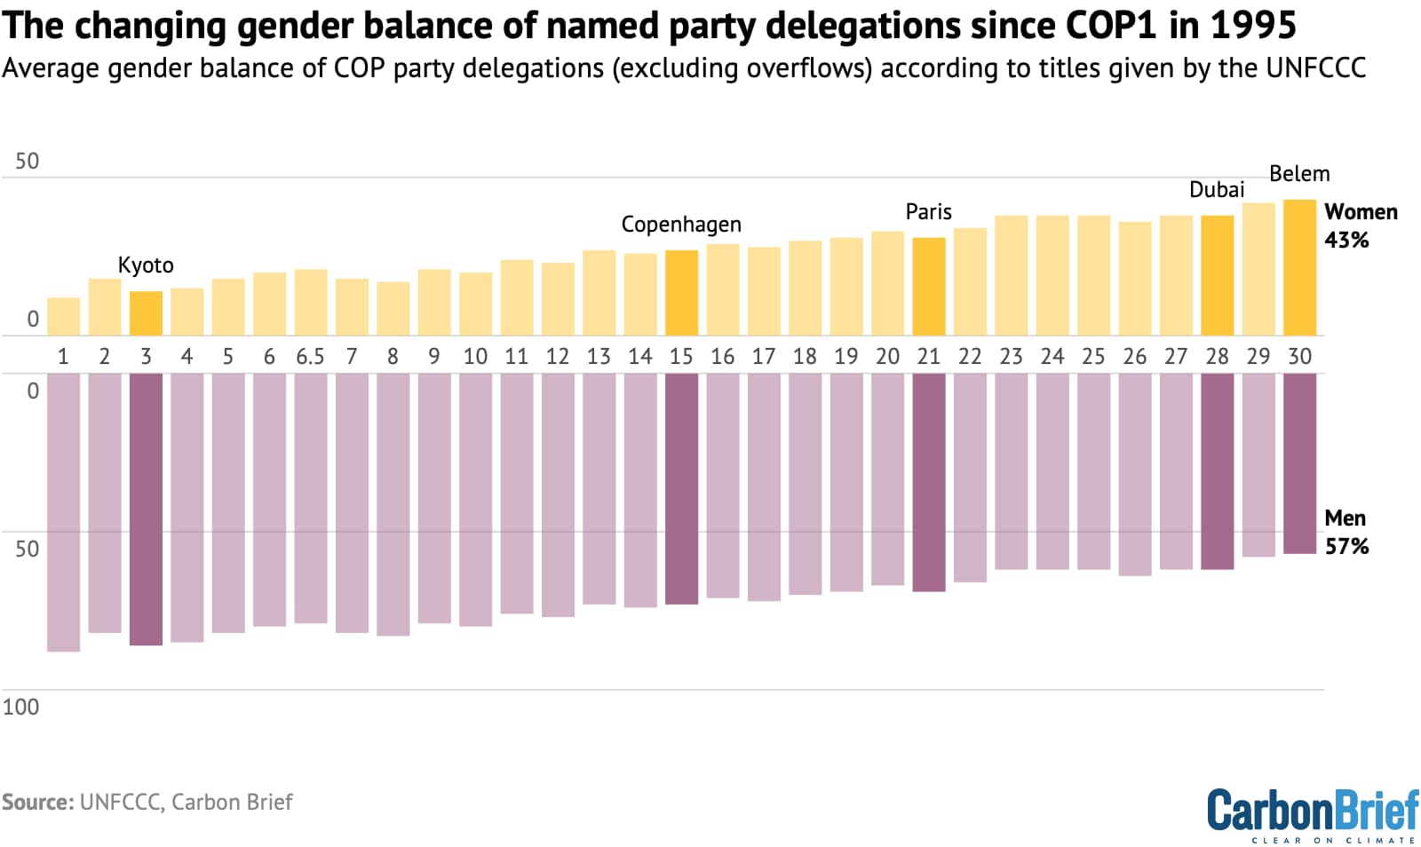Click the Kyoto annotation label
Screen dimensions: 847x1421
[x=146, y=265]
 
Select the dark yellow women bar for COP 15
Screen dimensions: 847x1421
[x=681, y=293]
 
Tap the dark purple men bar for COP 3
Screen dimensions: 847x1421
[x=146, y=509]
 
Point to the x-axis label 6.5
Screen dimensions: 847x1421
[x=310, y=357]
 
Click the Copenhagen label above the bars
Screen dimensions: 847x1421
[x=681, y=224]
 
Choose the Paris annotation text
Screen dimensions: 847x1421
[x=928, y=211]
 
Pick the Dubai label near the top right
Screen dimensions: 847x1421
[x=1217, y=189]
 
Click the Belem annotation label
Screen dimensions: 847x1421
[x=1299, y=173]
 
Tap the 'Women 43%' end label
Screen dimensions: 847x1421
[x=1360, y=226]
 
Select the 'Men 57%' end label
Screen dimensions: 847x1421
[x=1346, y=532]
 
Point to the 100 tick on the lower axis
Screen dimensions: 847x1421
[x=20, y=707]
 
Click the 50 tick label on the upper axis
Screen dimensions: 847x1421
[x=27, y=161]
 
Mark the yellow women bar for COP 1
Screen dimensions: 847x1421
[x=63, y=316]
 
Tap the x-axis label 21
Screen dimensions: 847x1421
[x=928, y=357]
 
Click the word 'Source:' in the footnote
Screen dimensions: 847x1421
[x=37, y=802]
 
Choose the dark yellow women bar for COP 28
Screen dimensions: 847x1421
[x=1217, y=275]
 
